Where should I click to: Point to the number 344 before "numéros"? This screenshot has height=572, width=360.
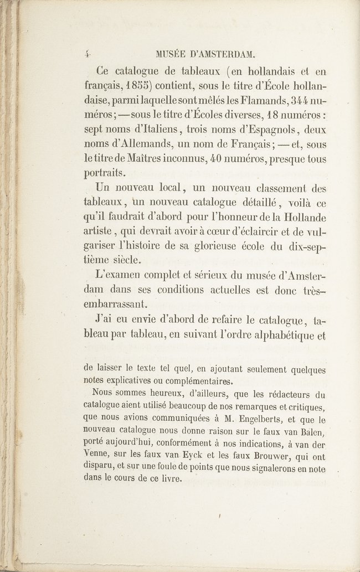click(x=297, y=102)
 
